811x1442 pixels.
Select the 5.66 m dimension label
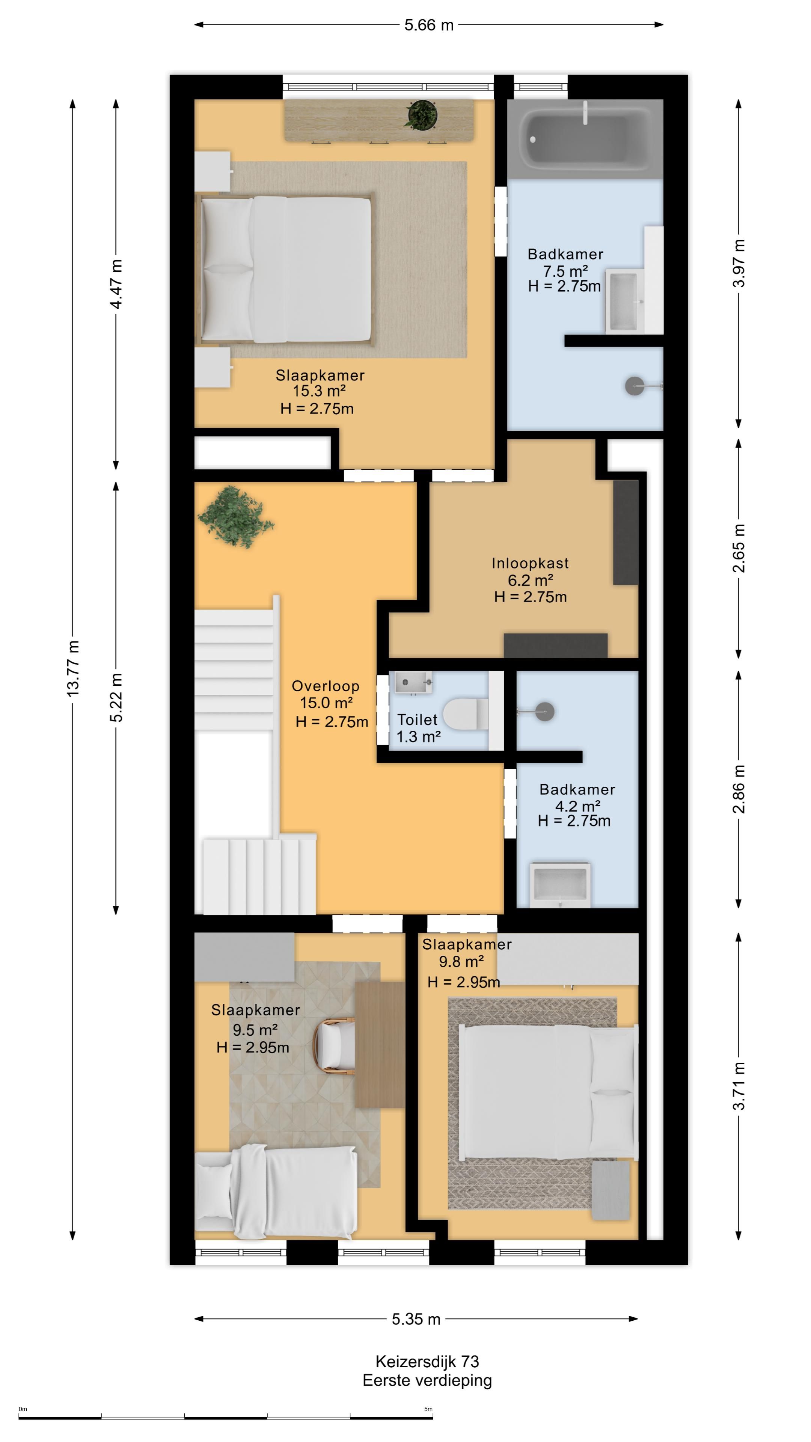(429, 25)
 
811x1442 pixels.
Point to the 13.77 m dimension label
(73, 668)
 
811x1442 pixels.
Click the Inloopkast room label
(530, 563)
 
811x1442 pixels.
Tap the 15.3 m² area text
(319, 391)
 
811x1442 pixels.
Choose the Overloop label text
(325, 686)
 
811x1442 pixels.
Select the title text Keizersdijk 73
(427, 1361)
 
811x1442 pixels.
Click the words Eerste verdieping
(427, 1380)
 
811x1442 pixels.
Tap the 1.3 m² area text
(418, 737)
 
